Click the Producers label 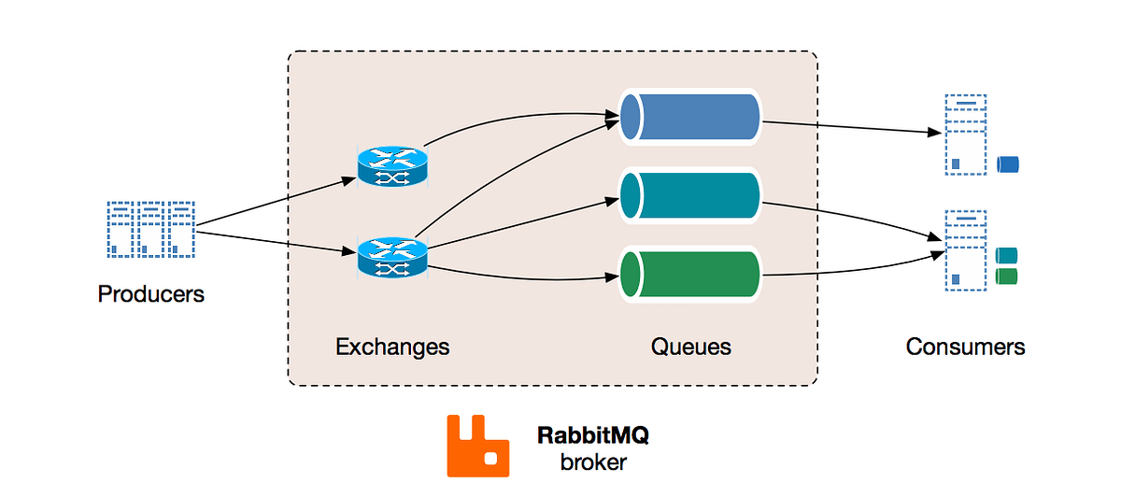click(150, 294)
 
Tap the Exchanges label click(392, 348)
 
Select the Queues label click(690, 348)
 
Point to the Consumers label click(965, 348)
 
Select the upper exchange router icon click(392, 167)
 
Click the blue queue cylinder click(690, 117)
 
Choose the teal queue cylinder click(690, 196)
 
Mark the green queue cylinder click(690, 274)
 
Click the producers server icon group click(150, 229)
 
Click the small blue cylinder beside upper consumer click(1007, 165)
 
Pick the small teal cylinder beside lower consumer click(1006, 255)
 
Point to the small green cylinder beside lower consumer click(1006, 276)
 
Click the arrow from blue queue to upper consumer click(850, 128)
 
